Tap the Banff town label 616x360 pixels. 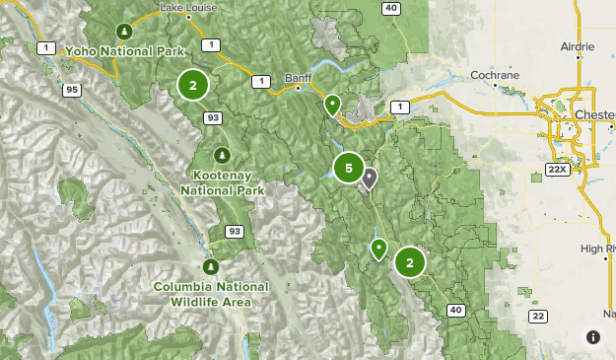pos(298,77)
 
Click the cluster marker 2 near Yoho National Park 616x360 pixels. pos(193,86)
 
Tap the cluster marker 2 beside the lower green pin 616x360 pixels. pos(410,262)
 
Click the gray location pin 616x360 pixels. pos(369,179)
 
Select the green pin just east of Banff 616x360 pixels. pos(333,104)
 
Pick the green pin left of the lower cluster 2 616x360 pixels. pos(378,249)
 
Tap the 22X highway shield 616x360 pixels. pos(558,170)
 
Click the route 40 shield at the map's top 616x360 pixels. pos(391,9)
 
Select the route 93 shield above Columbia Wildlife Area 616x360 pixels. pos(234,232)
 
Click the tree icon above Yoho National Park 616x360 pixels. pos(123,30)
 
